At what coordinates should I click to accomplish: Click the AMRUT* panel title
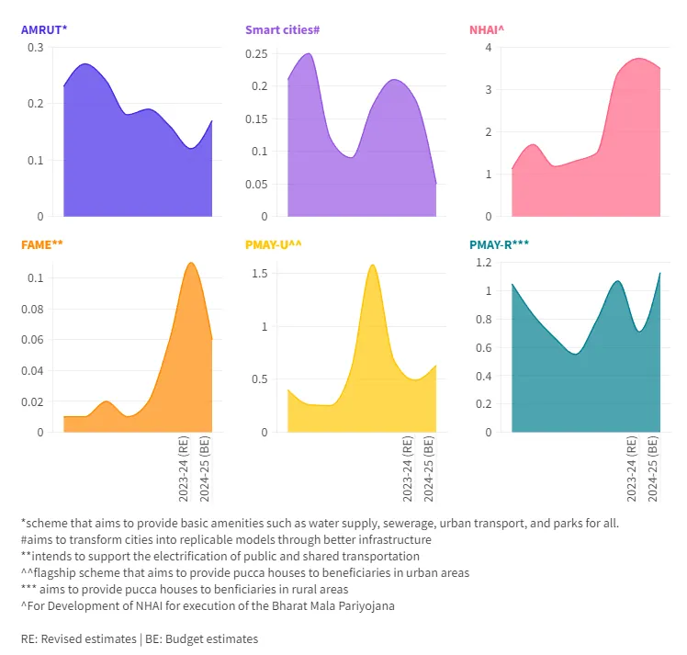point(43,29)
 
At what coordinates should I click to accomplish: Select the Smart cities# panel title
point(282,29)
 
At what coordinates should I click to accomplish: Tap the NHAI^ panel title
point(487,29)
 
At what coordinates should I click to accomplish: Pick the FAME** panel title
point(41,244)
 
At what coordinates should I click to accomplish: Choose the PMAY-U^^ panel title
point(273,244)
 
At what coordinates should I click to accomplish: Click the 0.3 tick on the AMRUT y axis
point(35,47)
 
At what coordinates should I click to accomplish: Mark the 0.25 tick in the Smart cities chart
point(256,54)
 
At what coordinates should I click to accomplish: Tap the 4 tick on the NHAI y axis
point(489,47)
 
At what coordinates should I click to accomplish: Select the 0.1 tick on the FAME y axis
point(35,278)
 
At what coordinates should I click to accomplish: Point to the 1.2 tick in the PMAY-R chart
point(483,262)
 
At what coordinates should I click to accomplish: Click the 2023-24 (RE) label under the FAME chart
point(184,469)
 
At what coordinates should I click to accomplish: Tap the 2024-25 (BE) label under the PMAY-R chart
point(653,469)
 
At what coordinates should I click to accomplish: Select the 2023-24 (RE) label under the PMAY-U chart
point(408,469)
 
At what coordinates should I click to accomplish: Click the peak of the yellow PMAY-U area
point(373,265)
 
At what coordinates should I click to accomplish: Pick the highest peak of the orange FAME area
point(190,264)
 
